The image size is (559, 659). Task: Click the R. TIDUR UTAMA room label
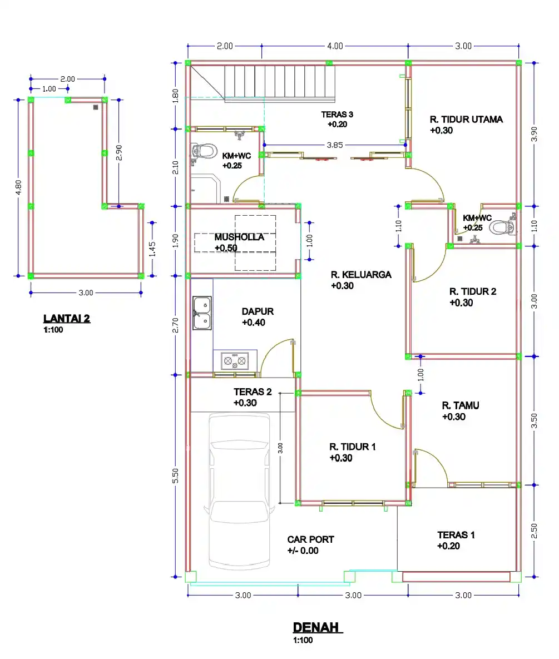[x=466, y=119]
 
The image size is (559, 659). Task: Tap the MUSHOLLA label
[x=239, y=237]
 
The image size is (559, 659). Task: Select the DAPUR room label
[x=258, y=311]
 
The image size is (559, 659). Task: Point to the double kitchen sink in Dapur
[x=201, y=313]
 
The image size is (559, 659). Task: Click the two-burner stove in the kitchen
[x=235, y=361]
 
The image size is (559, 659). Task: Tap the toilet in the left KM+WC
[x=204, y=151]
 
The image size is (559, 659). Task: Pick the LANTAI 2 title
[x=67, y=319]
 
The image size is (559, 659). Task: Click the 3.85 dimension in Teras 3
[x=334, y=145]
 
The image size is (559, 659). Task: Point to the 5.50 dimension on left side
[x=176, y=475]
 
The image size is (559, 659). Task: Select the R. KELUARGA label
[x=361, y=274]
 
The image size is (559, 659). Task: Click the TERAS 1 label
[x=456, y=535]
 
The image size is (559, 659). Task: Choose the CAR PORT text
[x=310, y=539]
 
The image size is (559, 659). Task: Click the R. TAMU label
[x=461, y=405]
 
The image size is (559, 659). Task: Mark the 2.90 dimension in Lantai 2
[x=119, y=152]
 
